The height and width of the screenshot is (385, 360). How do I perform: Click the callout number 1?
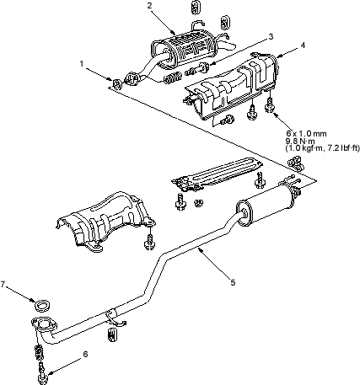82,64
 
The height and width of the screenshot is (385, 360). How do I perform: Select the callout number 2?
150,6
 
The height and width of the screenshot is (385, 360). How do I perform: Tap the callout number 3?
271,37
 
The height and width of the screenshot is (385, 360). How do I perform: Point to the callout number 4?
303,45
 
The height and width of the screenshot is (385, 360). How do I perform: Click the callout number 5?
233,282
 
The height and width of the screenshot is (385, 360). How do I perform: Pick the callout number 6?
86,354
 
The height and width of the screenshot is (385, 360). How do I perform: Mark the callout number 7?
3,285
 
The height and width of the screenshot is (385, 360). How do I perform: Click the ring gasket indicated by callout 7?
42,305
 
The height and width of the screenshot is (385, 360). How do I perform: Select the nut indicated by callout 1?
116,84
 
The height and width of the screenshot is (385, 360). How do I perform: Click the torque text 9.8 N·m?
300,141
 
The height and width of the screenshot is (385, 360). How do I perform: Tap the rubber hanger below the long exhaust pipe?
112,334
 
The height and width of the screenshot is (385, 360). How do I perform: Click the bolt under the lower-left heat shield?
149,242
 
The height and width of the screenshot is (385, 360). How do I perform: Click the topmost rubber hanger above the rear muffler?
196,7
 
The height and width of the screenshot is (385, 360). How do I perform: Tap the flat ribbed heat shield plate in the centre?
217,174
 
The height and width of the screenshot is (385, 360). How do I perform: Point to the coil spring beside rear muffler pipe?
172,78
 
